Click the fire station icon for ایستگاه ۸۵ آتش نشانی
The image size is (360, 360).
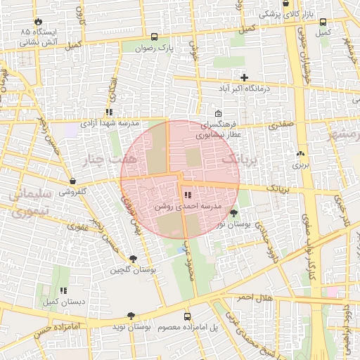point(38,22)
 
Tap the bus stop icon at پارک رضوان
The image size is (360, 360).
point(154,37)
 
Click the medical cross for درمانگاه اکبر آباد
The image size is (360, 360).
point(244,77)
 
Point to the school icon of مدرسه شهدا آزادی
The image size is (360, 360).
point(108,112)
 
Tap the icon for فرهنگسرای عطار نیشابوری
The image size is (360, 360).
point(218,115)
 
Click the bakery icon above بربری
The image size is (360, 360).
point(301,153)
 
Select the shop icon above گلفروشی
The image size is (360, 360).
point(73,181)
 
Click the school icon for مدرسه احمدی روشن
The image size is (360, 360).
point(187,195)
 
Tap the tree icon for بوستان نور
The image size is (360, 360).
point(233,212)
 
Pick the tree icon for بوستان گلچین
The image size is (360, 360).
point(133,259)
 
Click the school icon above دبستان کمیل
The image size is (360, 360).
point(63,290)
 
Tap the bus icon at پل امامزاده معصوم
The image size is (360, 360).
point(187,316)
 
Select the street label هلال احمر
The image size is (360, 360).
point(254,297)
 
